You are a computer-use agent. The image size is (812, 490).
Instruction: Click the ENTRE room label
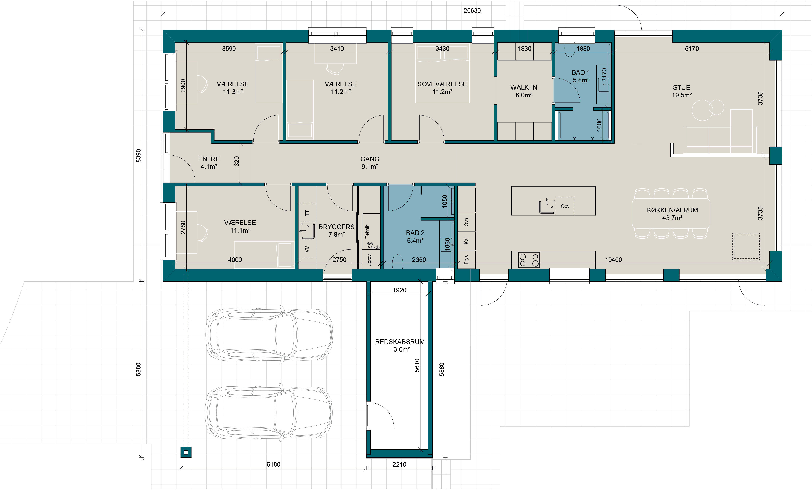209,159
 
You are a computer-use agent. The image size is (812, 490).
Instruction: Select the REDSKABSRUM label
400,342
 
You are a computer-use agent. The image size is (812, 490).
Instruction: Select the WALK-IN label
524,87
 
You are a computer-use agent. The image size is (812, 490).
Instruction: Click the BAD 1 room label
581,72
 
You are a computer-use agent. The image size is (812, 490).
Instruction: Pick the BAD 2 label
415,233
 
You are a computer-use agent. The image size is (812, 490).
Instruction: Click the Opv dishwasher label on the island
565,206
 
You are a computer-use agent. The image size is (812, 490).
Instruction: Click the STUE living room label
681,87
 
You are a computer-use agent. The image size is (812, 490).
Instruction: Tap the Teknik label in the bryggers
367,231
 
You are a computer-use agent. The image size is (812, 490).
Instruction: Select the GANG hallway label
370,159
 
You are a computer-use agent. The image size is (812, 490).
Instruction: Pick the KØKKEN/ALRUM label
672,210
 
